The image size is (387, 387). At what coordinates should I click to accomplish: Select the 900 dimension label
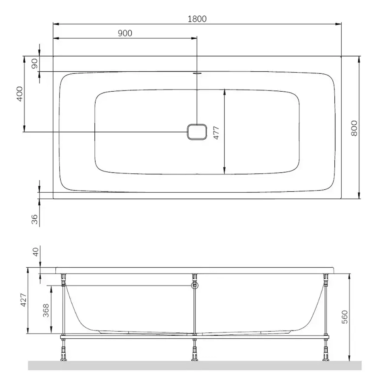[x=125, y=33]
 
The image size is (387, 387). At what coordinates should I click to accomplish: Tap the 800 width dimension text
[x=354, y=128]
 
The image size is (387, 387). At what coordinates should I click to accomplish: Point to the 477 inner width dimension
[x=217, y=133]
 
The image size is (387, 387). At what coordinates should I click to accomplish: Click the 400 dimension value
[x=20, y=94]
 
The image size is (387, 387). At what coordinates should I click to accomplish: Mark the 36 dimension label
[x=34, y=219]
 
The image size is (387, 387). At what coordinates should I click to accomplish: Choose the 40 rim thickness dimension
[x=35, y=252]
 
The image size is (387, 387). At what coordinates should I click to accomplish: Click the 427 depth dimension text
[x=23, y=300]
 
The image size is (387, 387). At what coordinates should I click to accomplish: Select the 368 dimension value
[x=46, y=310]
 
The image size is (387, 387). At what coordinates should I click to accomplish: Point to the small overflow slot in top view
[x=197, y=72]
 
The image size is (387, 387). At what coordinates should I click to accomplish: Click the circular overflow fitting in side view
[x=195, y=286]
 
